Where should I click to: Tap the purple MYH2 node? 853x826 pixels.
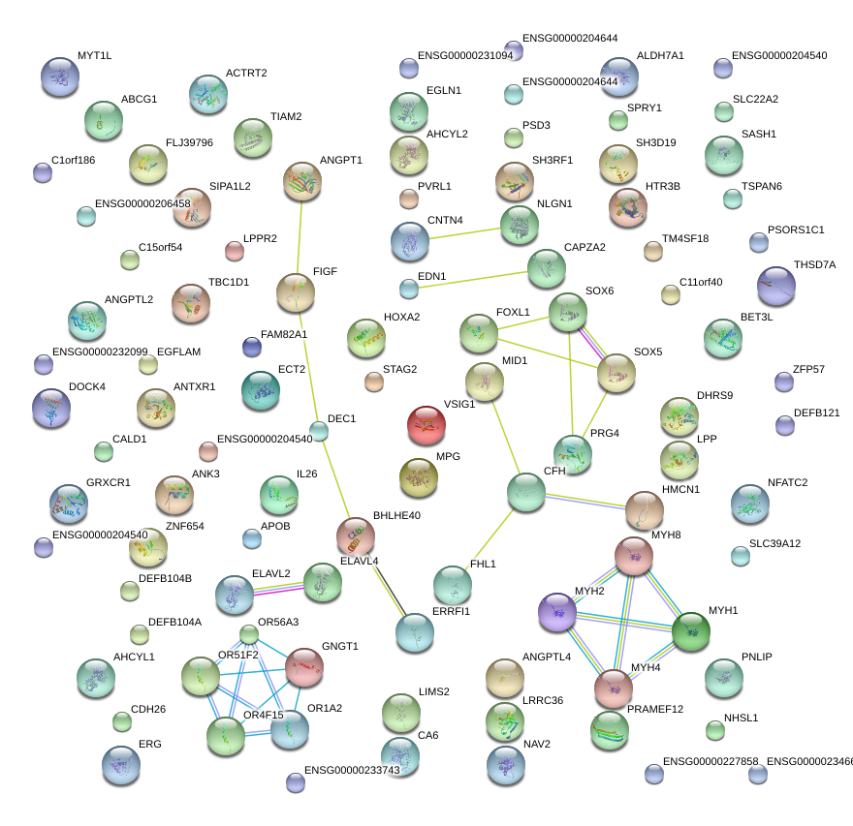click(x=558, y=613)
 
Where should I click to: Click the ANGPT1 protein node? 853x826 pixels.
click(x=302, y=181)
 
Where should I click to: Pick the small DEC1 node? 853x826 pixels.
click(x=319, y=431)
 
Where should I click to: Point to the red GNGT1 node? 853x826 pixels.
click(x=304, y=666)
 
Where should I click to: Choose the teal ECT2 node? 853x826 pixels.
click(x=260, y=389)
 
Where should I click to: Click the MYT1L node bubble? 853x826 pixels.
click(x=60, y=76)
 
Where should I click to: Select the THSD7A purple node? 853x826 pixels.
click(x=776, y=286)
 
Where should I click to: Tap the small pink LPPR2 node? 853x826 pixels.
click(x=234, y=252)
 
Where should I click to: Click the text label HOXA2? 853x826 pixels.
click(x=401, y=317)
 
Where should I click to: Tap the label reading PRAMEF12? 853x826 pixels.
click(x=655, y=710)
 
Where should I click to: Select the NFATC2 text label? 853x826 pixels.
click(x=787, y=482)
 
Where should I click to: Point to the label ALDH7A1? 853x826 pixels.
click(x=660, y=56)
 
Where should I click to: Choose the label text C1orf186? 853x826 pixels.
click(x=74, y=160)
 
